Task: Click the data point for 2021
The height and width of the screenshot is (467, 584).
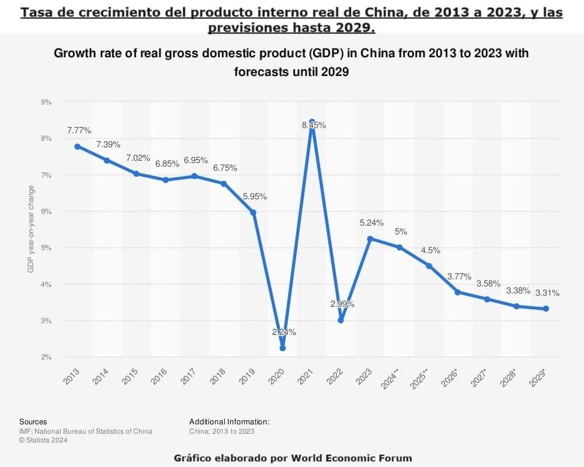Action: click(312, 122)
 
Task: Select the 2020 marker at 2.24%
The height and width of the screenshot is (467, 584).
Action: click(283, 348)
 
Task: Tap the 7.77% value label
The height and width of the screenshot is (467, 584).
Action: click(79, 130)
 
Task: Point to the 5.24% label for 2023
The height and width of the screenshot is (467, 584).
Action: click(371, 223)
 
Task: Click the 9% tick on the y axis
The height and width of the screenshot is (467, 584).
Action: click(46, 102)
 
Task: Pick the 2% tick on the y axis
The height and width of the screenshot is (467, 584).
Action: click(46, 357)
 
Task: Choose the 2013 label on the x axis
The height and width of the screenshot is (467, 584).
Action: click(72, 377)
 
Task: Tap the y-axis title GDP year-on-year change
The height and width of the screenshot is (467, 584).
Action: click(31, 229)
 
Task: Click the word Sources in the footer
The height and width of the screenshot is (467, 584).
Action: click(33, 421)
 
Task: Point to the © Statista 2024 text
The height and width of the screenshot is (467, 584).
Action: click(43, 441)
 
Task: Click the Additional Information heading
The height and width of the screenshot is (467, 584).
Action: click(230, 421)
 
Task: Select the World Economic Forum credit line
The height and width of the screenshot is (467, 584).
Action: click(293, 458)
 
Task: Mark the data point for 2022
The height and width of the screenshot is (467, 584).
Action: click(341, 320)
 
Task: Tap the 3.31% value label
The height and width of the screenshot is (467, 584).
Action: click(547, 293)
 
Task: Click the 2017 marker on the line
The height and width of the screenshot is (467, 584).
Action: click(194, 176)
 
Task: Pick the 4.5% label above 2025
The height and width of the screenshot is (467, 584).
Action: click(430, 250)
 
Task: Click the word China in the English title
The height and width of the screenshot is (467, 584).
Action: click(382, 54)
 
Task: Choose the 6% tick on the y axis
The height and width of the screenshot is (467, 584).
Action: click(46, 211)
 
